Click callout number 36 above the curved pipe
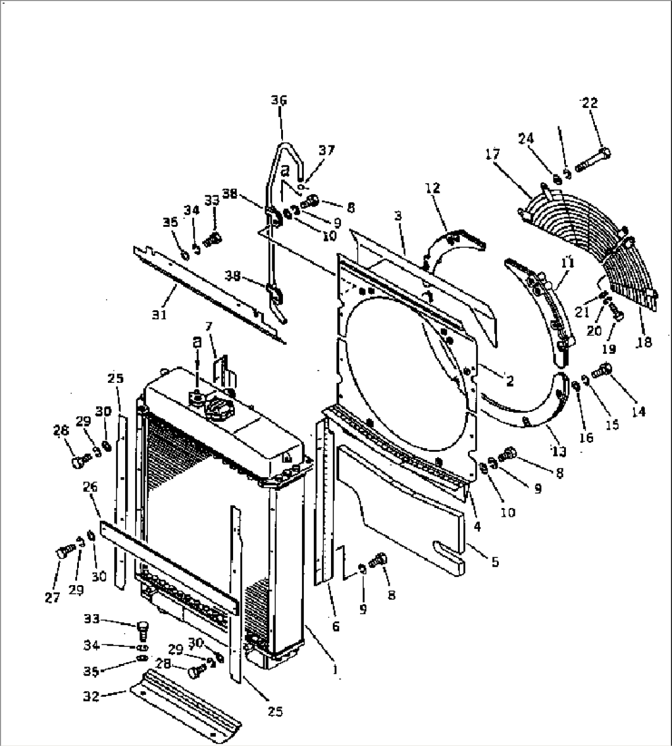(279, 100)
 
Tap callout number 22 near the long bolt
(589, 103)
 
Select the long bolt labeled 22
(592, 159)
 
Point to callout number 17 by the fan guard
(493, 154)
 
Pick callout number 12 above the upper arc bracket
(433, 187)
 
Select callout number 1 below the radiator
(335, 668)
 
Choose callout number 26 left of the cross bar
(90, 486)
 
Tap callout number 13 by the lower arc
(559, 451)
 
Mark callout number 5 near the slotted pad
(495, 562)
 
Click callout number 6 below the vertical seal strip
(335, 626)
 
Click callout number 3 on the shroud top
(398, 216)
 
